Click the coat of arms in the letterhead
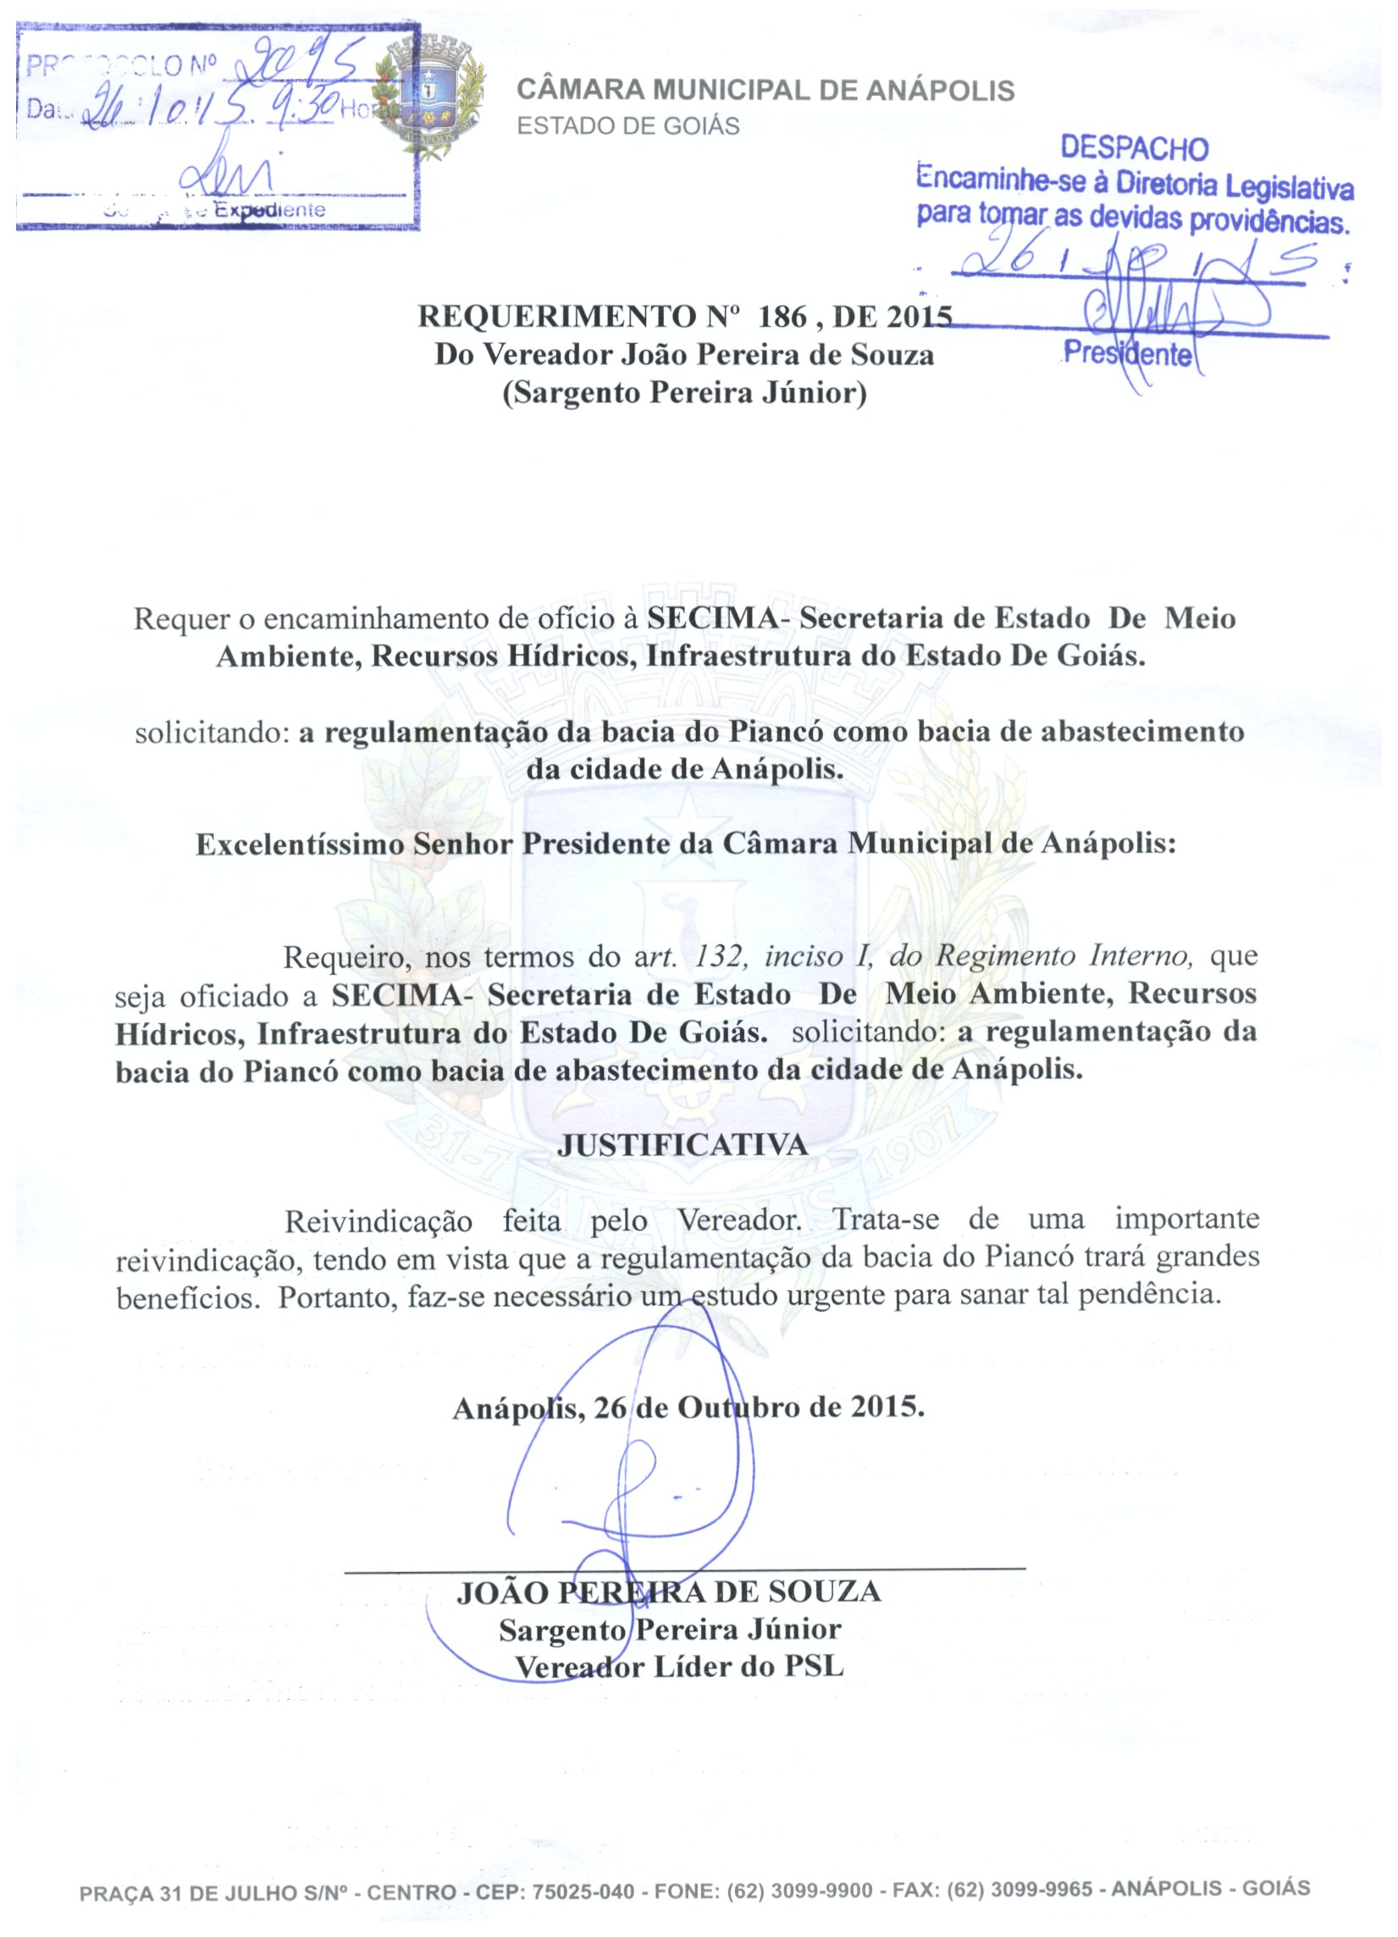click(429, 95)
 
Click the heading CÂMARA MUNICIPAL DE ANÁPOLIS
click(766, 91)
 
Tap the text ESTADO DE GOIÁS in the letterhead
click(628, 126)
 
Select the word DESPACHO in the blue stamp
click(1134, 148)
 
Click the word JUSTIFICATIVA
click(682, 1145)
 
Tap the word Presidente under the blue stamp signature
click(1127, 352)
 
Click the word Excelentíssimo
click(301, 844)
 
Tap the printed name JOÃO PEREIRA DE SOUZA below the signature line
click(669, 1592)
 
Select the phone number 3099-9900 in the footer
click(821, 1891)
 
